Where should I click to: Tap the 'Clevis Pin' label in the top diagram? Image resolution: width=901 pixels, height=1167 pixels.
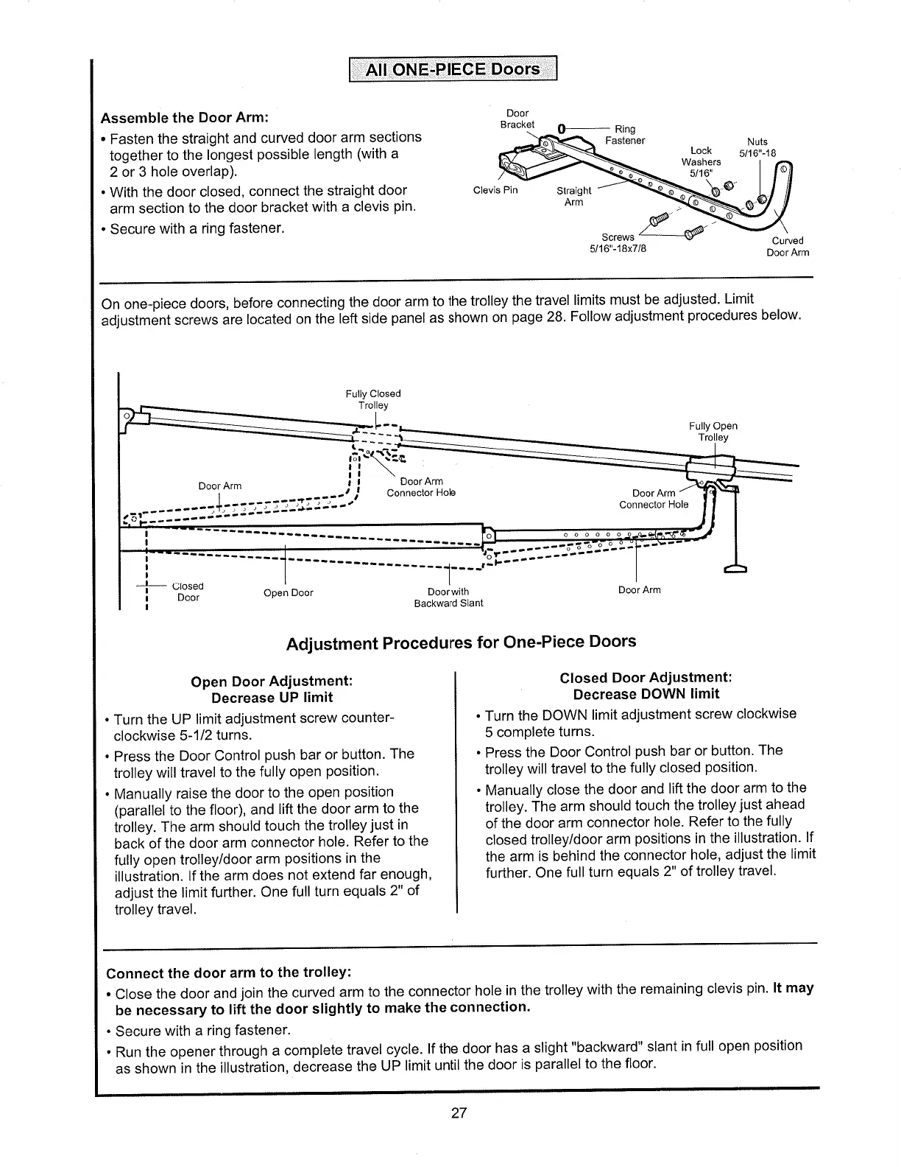click(495, 190)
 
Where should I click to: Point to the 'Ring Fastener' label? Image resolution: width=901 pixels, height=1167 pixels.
click(624, 135)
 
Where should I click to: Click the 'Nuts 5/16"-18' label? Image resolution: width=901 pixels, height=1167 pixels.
click(757, 147)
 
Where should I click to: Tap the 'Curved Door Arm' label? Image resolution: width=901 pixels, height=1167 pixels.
click(787, 247)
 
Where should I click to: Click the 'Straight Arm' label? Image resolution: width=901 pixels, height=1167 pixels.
click(574, 196)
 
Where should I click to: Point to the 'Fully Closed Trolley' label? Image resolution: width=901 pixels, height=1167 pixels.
click(374, 399)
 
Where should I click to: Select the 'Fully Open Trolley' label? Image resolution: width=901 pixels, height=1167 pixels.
click(713, 432)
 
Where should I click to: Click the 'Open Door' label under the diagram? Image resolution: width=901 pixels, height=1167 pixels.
click(288, 593)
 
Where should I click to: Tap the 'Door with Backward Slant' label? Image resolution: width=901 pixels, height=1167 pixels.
click(448, 597)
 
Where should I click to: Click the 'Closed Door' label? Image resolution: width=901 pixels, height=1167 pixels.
click(188, 592)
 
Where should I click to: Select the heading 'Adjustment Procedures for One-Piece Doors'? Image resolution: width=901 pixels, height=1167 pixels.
click(460, 642)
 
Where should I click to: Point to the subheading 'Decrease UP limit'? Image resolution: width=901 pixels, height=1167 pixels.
click(272, 697)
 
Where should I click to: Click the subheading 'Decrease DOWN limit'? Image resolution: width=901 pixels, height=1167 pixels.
click(646, 694)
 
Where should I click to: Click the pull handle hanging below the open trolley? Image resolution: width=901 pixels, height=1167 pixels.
click(735, 568)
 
